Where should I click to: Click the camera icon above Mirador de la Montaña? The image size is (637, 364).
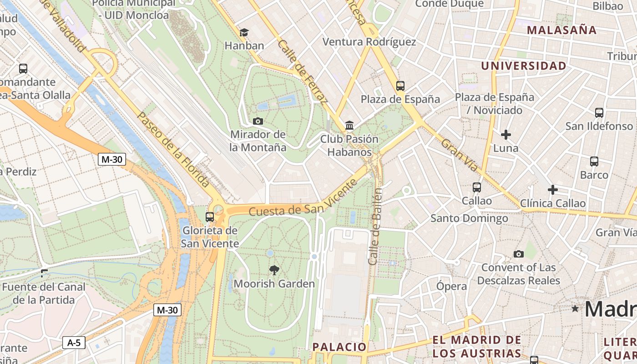pos(258,121)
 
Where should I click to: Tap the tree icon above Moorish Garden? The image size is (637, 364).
pos(274,270)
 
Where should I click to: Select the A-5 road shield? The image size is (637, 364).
pos(74,343)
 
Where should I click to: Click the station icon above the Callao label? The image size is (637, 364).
pos(476,187)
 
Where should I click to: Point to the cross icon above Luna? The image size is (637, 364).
pos(506,135)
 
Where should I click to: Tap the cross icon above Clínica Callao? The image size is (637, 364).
pos(553,189)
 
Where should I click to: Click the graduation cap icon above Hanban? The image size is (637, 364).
pos(244,32)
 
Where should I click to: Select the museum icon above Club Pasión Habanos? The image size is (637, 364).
pos(349,125)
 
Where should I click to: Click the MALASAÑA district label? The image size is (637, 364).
pos(561,30)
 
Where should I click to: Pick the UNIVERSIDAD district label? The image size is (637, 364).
pos(524,66)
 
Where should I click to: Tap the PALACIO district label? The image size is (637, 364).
pos(339,347)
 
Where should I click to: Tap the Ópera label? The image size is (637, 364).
pos(451,286)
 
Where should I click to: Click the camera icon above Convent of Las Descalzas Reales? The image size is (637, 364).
pos(518,254)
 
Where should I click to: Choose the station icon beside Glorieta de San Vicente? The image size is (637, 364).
pos(209,217)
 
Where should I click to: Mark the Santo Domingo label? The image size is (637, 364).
pos(469,218)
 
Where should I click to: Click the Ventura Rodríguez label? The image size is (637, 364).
pos(369,42)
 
